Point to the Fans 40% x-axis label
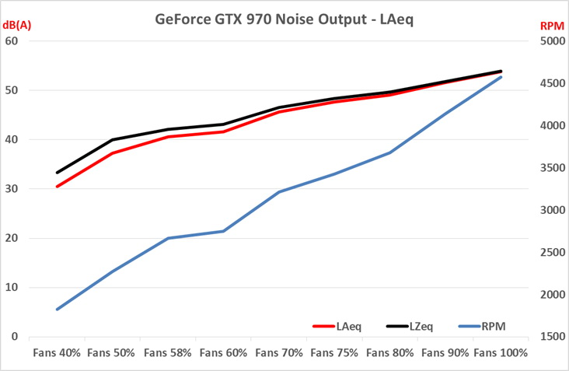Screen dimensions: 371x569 [57, 353]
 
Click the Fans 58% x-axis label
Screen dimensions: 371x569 [168, 353]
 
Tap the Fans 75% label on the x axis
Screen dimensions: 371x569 [334, 353]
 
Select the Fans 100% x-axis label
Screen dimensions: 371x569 [501, 353]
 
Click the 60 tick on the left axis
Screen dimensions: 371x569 [12, 40]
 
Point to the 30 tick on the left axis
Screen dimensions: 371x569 [12, 189]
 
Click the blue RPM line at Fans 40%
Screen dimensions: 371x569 [57, 310]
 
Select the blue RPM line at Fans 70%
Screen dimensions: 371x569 [279, 191]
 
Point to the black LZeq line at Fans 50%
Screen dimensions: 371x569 [113, 140]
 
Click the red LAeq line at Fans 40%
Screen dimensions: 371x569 [57, 187]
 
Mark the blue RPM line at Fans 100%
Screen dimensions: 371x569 [501, 77]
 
